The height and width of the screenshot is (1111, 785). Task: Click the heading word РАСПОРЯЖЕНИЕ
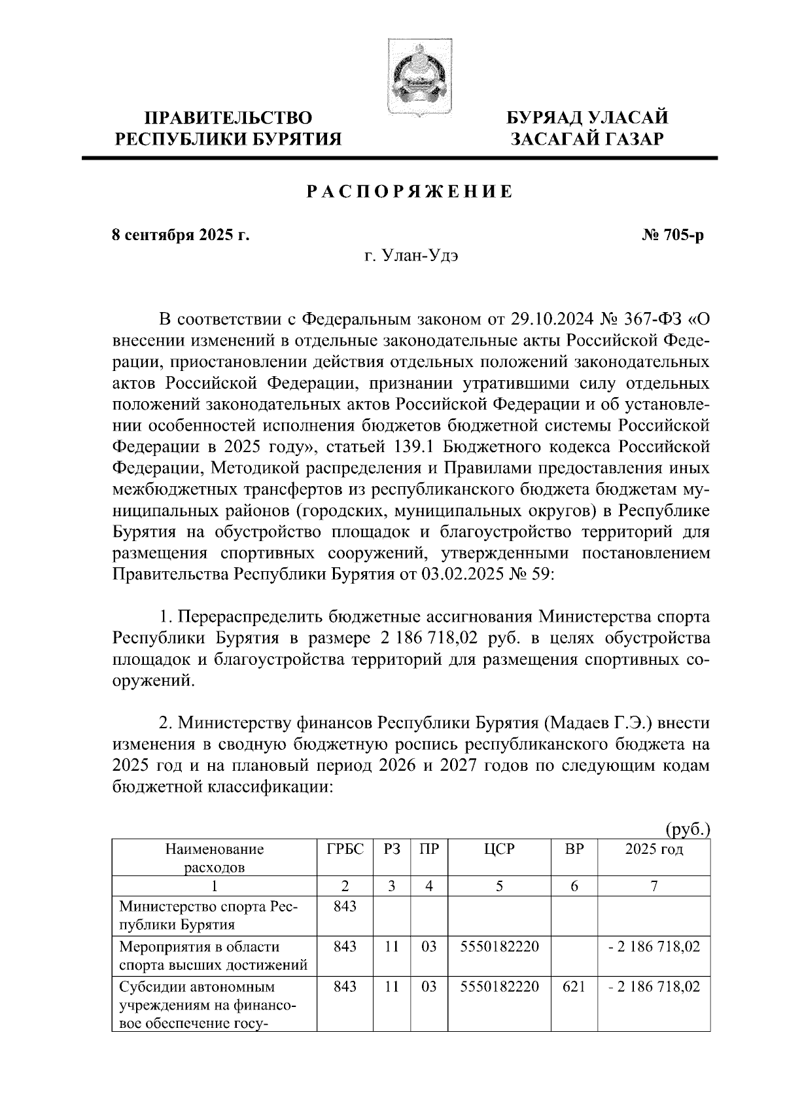410,192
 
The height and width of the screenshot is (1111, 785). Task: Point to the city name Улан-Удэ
423,256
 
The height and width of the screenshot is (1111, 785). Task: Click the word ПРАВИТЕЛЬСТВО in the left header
228,118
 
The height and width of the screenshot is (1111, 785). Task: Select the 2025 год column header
654,849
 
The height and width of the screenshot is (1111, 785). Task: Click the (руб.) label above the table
687,830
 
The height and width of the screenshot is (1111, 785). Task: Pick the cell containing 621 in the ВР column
574,987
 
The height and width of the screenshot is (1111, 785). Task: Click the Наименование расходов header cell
214,858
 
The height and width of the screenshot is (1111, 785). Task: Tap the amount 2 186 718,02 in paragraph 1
429,637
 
